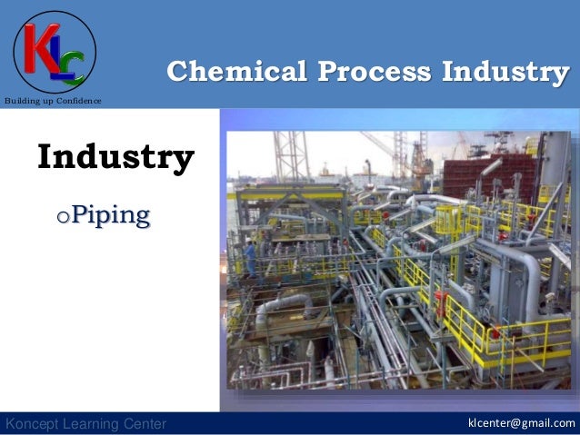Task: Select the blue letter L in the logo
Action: pos(59,57)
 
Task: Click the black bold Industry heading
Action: pos(115,157)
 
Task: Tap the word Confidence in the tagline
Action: pos(80,100)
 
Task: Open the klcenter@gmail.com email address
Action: pos(521,423)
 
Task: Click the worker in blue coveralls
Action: pos(250,257)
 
